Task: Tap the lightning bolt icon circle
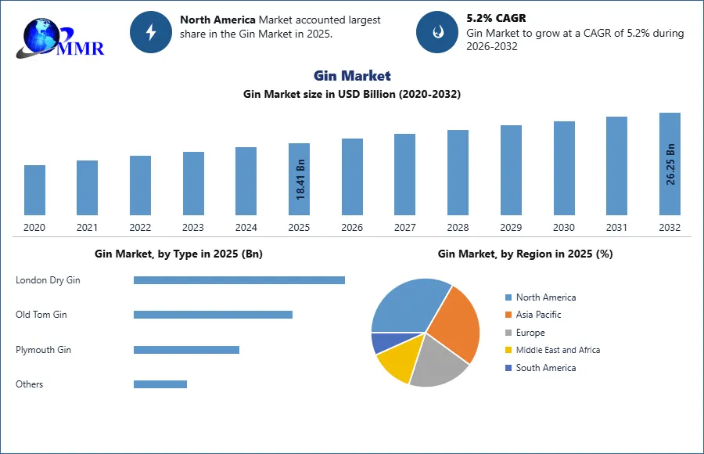pos(150,32)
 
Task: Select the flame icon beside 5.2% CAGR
pos(436,32)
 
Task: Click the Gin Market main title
pos(352,75)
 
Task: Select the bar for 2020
pos(34,189)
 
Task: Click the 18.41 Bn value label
pos(300,178)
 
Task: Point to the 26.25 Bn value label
pos(670,164)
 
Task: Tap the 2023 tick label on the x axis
pos(193,228)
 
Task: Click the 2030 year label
pos(564,228)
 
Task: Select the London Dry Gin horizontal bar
pos(239,280)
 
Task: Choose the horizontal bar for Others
pos(160,384)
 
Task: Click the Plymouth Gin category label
pos(43,350)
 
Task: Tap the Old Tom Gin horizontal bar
pos(213,315)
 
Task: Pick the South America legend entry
pos(545,368)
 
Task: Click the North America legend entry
pos(545,297)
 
